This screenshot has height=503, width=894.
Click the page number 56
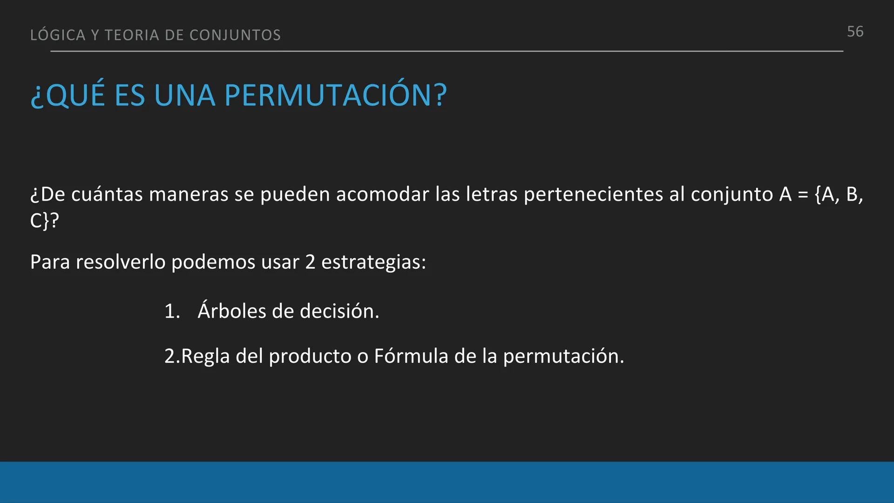(x=855, y=32)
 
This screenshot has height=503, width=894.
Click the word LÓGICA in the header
(x=58, y=35)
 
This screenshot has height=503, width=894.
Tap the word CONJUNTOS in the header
(x=235, y=35)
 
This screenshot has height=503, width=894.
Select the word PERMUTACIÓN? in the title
(x=335, y=95)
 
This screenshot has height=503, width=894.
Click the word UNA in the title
(x=184, y=95)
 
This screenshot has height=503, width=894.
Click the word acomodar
(x=382, y=195)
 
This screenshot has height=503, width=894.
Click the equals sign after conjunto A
(x=803, y=195)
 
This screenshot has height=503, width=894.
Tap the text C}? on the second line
(x=45, y=221)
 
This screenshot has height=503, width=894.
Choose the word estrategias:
(x=373, y=262)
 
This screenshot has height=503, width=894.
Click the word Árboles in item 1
(x=231, y=311)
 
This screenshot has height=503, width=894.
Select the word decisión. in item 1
(x=339, y=311)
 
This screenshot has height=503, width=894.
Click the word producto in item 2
(x=310, y=356)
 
